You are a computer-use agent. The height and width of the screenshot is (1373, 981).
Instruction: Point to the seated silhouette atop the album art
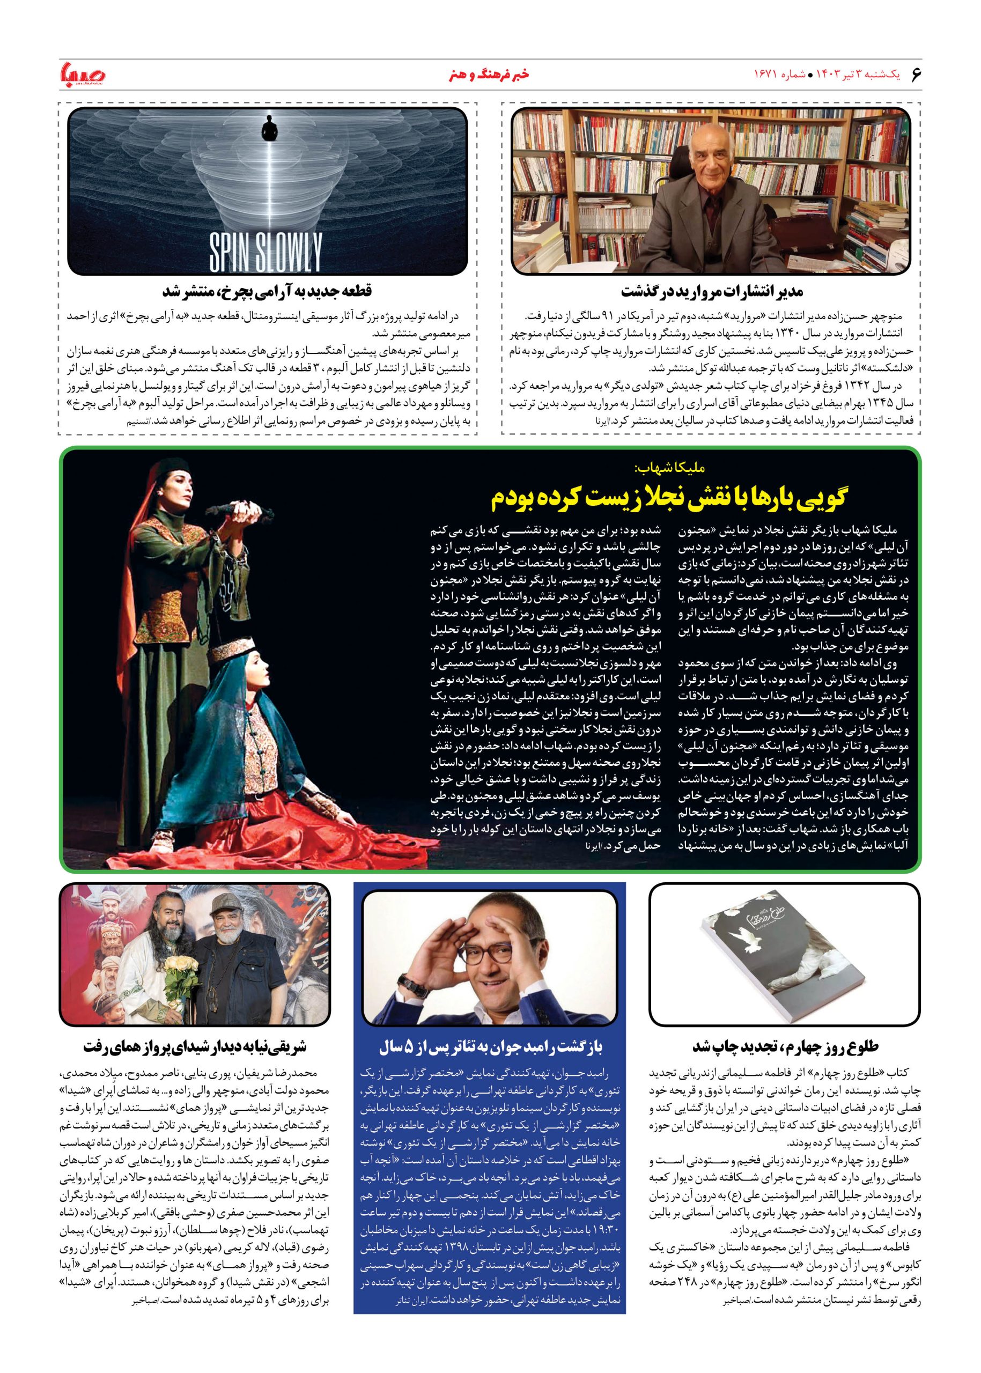[x=267, y=128]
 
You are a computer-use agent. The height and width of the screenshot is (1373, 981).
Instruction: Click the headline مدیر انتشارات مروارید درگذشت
[x=712, y=292]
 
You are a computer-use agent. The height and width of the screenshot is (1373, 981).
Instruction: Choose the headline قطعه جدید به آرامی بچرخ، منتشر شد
[x=268, y=292]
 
